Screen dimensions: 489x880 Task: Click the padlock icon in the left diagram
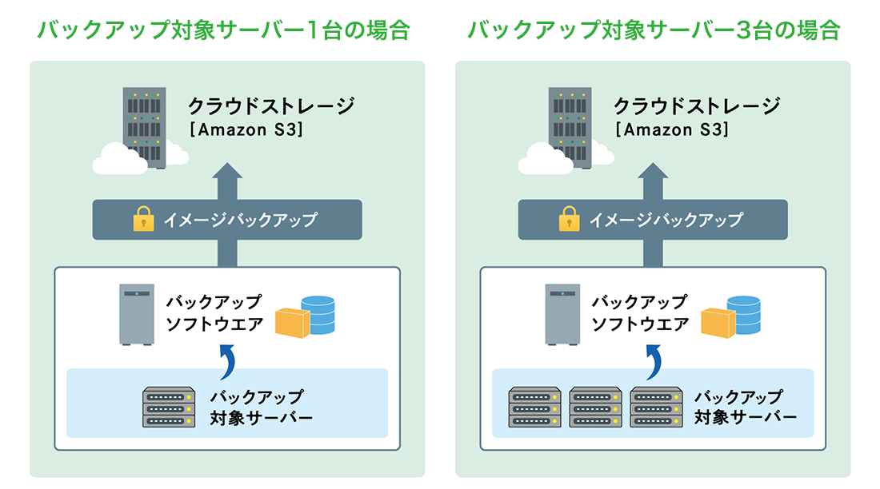143,219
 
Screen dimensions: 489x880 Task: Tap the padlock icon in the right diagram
569,219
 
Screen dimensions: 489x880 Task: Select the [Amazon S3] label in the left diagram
246,130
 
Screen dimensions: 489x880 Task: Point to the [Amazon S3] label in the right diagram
671,130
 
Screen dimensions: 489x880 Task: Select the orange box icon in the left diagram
291,323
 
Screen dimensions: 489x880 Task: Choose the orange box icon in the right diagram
717,323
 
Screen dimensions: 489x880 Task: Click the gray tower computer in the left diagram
137,313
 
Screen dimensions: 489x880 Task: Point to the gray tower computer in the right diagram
562,313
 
